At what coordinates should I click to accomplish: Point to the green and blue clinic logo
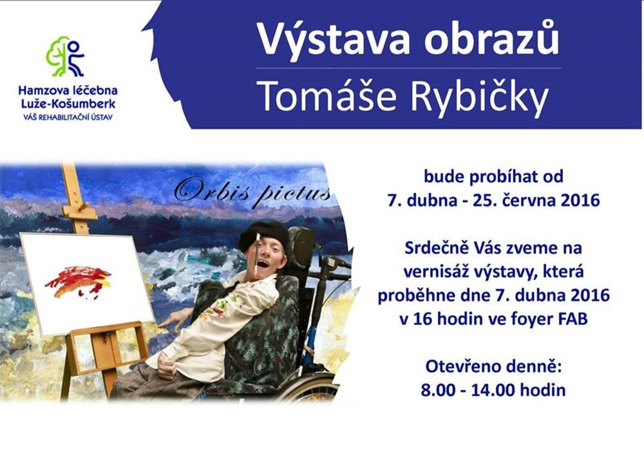point(66,57)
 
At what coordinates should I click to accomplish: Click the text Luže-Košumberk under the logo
point(68,104)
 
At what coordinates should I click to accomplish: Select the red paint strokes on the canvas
point(78,282)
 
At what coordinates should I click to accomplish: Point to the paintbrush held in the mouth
point(257,254)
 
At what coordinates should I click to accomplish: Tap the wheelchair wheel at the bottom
point(308,388)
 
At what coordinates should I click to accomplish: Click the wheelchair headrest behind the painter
point(302,246)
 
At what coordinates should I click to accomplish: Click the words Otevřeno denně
point(493,366)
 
